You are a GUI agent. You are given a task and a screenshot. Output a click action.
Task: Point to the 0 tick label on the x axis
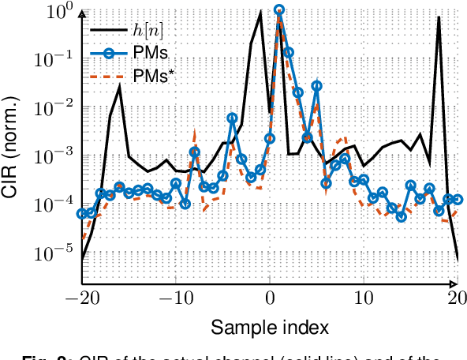(270, 299)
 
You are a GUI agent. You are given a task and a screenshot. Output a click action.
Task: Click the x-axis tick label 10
(364, 299)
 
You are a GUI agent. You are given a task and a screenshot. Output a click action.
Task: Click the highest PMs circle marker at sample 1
(279, 10)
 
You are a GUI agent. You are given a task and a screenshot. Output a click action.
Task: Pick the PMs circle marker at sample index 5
(316, 86)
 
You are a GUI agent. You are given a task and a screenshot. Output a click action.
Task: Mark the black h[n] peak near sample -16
(120, 86)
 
